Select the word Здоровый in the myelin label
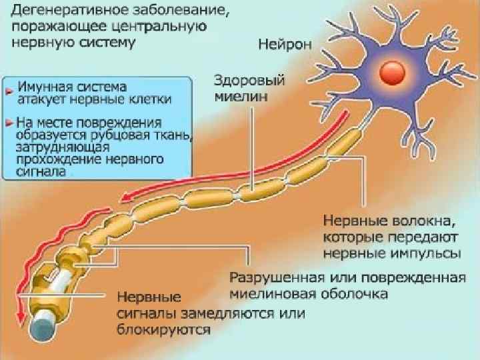coord(249,81)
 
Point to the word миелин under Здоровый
coord(241,96)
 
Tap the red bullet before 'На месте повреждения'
coord(8,123)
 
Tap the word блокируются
coord(165,329)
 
